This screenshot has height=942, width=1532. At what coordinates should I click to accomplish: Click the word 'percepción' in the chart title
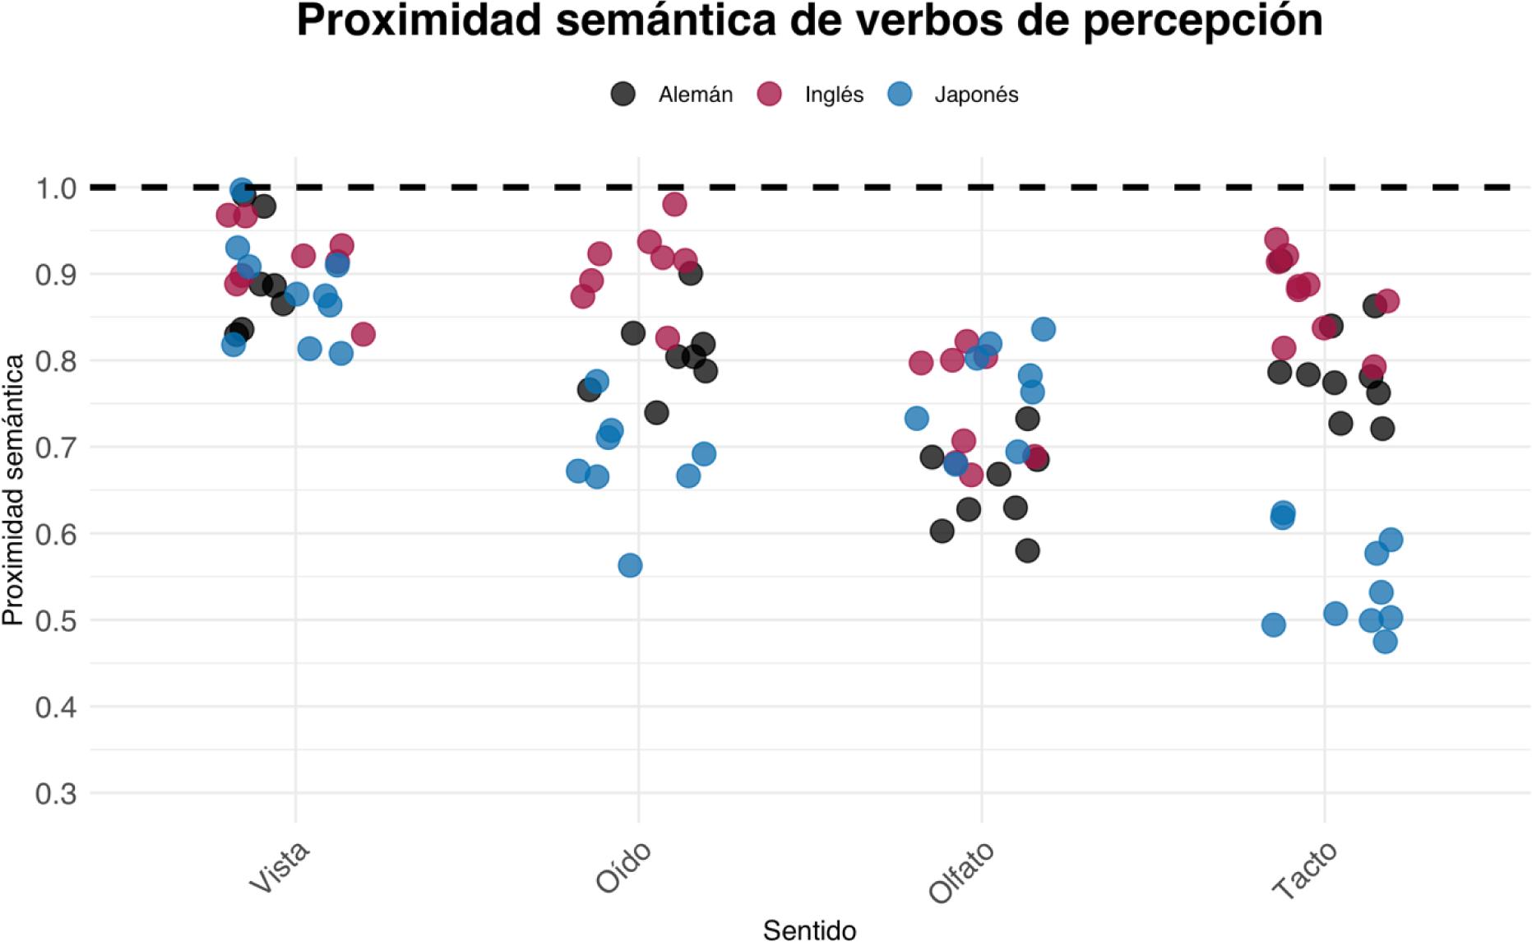pyautogui.click(x=1202, y=21)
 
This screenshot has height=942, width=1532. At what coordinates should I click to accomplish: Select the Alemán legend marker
pyautogui.click(x=623, y=94)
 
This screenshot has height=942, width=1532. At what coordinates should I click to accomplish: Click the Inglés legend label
pyautogui.click(x=834, y=95)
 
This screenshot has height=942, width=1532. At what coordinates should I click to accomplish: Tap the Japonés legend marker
pyautogui.click(x=901, y=94)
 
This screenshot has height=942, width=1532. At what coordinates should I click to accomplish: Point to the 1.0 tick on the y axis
pyautogui.click(x=56, y=188)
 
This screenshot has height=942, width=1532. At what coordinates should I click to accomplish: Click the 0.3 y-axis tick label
pyautogui.click(x=56, y=794)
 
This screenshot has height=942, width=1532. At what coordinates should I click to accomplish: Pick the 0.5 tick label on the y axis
pyautogui.click(x=56, y=620)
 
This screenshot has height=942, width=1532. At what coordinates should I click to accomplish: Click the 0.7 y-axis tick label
pyautogui.click(x=56, y=448)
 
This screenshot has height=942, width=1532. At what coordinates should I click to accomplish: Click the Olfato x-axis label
pyautogui.click(x=961, y=872)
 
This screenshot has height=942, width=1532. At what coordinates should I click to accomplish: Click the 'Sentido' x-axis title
pyautogui.click(x=809, y=930)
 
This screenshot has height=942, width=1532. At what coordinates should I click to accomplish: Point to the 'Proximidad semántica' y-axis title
pyautogui.click(x=13, y=489)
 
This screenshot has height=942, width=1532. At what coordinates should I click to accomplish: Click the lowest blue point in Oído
pyautogui.click(x=630, y=565)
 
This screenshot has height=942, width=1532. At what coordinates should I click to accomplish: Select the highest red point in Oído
pyautogui.click(x=674, y=204)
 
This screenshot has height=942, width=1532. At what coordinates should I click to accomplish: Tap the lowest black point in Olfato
pyautogui.click(x=1027, y=550)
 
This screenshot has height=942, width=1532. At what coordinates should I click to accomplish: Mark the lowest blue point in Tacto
pyautogui.click(x=1385, y=641)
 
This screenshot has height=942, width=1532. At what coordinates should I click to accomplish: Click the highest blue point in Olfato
pyautogui.click(x=1044, y=329)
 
